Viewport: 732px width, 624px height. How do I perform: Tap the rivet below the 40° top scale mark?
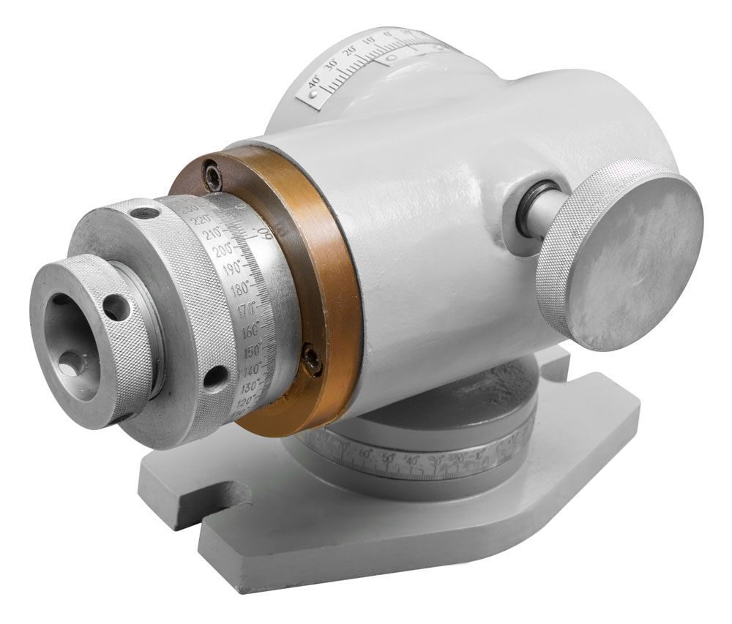tap(314, 94)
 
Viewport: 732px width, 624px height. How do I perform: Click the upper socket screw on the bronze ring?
tap(212, 174)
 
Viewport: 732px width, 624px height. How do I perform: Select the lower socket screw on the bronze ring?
tap(313, 360)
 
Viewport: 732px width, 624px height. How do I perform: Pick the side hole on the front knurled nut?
tap(116, 308)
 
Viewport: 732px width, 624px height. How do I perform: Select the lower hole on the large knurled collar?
tap(214, 378)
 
